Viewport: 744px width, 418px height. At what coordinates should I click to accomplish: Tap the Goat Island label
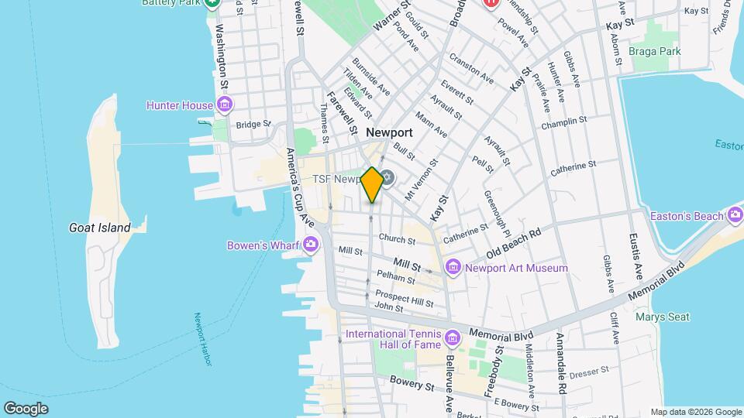(99, 228)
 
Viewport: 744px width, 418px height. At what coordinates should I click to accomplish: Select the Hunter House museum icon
(225, 104)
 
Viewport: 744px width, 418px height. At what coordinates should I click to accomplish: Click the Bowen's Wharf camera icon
(311, 245)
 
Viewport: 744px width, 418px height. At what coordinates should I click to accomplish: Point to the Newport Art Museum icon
(453, 269)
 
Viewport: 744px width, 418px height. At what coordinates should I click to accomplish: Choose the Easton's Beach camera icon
(735, 216)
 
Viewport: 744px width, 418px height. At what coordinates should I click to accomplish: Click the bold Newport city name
(389, 132)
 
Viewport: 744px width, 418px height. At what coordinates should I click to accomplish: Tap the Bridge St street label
(253, 124)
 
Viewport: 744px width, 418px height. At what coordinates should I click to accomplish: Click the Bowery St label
(412, 385)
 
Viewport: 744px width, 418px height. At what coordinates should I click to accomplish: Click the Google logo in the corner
(26, 408)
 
